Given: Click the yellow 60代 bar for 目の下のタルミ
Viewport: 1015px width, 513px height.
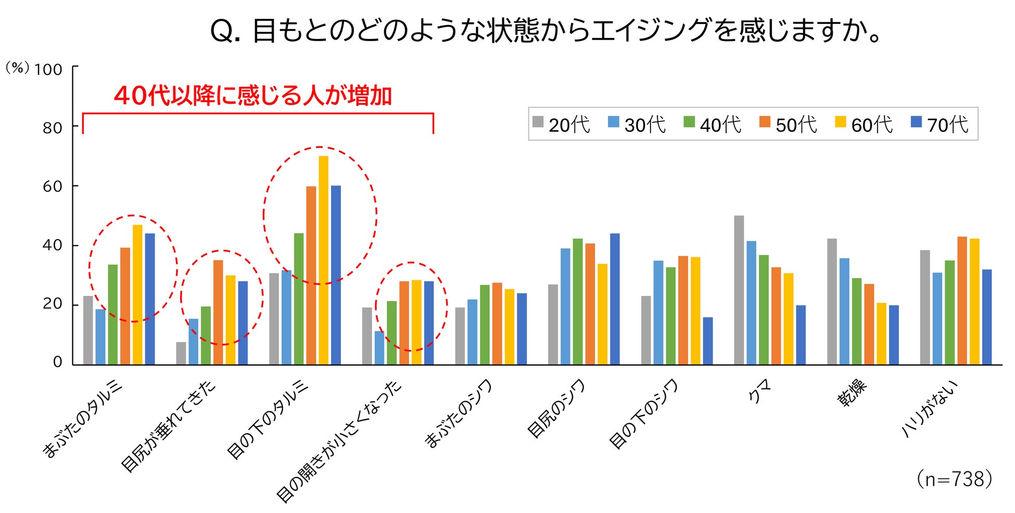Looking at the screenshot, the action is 323,260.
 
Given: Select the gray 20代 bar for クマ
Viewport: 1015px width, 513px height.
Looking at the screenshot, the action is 739,290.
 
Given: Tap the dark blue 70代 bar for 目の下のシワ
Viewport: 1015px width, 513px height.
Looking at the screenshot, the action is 708,341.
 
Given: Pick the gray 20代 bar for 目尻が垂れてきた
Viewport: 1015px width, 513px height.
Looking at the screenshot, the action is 181,353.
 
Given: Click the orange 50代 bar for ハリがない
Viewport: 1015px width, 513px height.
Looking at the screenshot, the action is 962,301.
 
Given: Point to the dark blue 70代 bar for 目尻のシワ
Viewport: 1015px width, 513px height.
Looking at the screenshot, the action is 615,299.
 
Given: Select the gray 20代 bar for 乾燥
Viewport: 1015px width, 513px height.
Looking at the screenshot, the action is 832,302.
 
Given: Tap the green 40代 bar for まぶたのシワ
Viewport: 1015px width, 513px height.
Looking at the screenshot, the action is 485,325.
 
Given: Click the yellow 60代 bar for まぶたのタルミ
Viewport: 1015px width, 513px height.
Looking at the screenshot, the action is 137,295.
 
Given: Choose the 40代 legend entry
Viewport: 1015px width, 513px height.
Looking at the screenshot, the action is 712,124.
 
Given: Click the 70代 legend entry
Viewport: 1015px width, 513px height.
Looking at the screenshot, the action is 940,124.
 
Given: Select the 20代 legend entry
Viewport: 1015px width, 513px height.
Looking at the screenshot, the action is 561,124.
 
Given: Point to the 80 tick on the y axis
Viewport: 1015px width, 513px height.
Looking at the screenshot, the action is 73,127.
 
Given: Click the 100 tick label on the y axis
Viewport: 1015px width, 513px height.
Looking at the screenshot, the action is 48,69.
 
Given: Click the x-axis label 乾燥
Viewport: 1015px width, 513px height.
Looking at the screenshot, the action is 852,393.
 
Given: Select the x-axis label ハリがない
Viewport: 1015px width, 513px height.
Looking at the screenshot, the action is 930,409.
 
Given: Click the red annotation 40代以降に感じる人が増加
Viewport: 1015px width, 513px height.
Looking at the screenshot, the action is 253,96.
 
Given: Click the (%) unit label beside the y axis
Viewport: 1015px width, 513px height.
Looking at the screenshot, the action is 17,68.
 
